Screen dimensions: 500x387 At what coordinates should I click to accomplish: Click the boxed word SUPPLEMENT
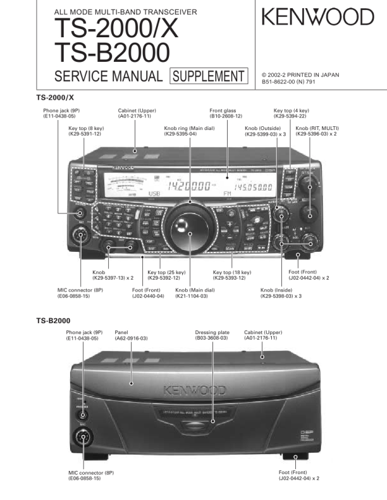tap(208, 76)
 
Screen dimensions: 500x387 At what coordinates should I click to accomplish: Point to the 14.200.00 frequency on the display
tap(188, 186)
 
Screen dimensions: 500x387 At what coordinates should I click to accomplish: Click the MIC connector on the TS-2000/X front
tap(80, 236)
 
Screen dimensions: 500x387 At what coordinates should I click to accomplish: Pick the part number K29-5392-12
tap(164, 278)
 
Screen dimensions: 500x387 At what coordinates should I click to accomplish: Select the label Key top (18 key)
tap(232, 272)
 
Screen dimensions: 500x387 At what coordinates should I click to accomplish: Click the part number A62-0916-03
tap(131, 338)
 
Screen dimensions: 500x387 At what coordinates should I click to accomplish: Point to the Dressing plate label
tap(212, 332)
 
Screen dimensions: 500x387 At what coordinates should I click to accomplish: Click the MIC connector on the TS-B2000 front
tap(83, 437)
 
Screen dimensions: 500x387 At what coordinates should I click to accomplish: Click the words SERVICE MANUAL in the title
tap(108, 76)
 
